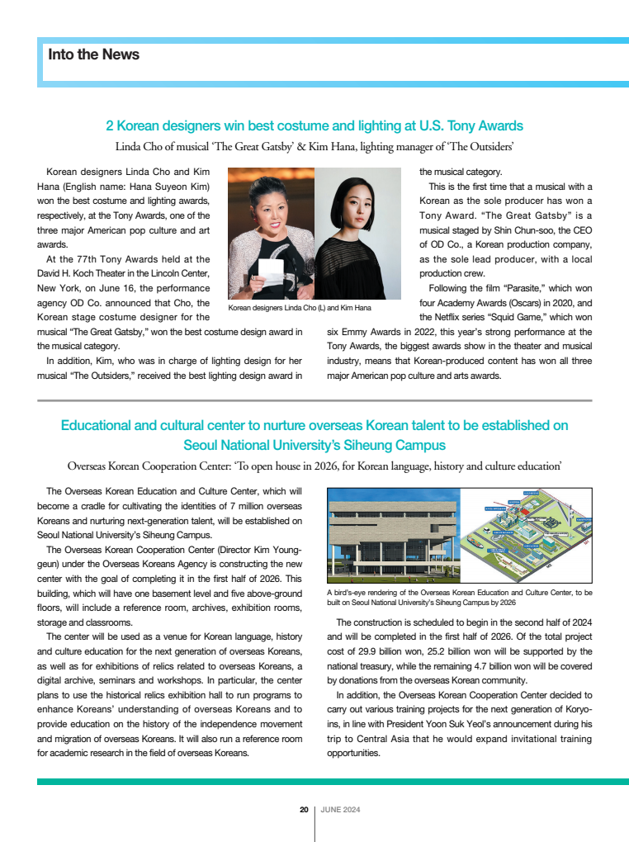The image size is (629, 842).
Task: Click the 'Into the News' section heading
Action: pos(93,55)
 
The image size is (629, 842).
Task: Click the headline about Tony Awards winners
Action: pos(314,126)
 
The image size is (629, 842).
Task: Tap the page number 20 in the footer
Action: pos(304,810)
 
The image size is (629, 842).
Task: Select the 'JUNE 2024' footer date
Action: pos(340,810)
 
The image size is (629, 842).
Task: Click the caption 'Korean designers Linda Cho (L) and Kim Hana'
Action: pos(300,308)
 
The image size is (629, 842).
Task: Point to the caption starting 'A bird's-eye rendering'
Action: pos(459,598)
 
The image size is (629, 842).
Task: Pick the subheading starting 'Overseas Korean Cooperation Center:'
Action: pos(314,466)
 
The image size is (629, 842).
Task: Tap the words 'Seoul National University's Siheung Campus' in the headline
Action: pos(314,445)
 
